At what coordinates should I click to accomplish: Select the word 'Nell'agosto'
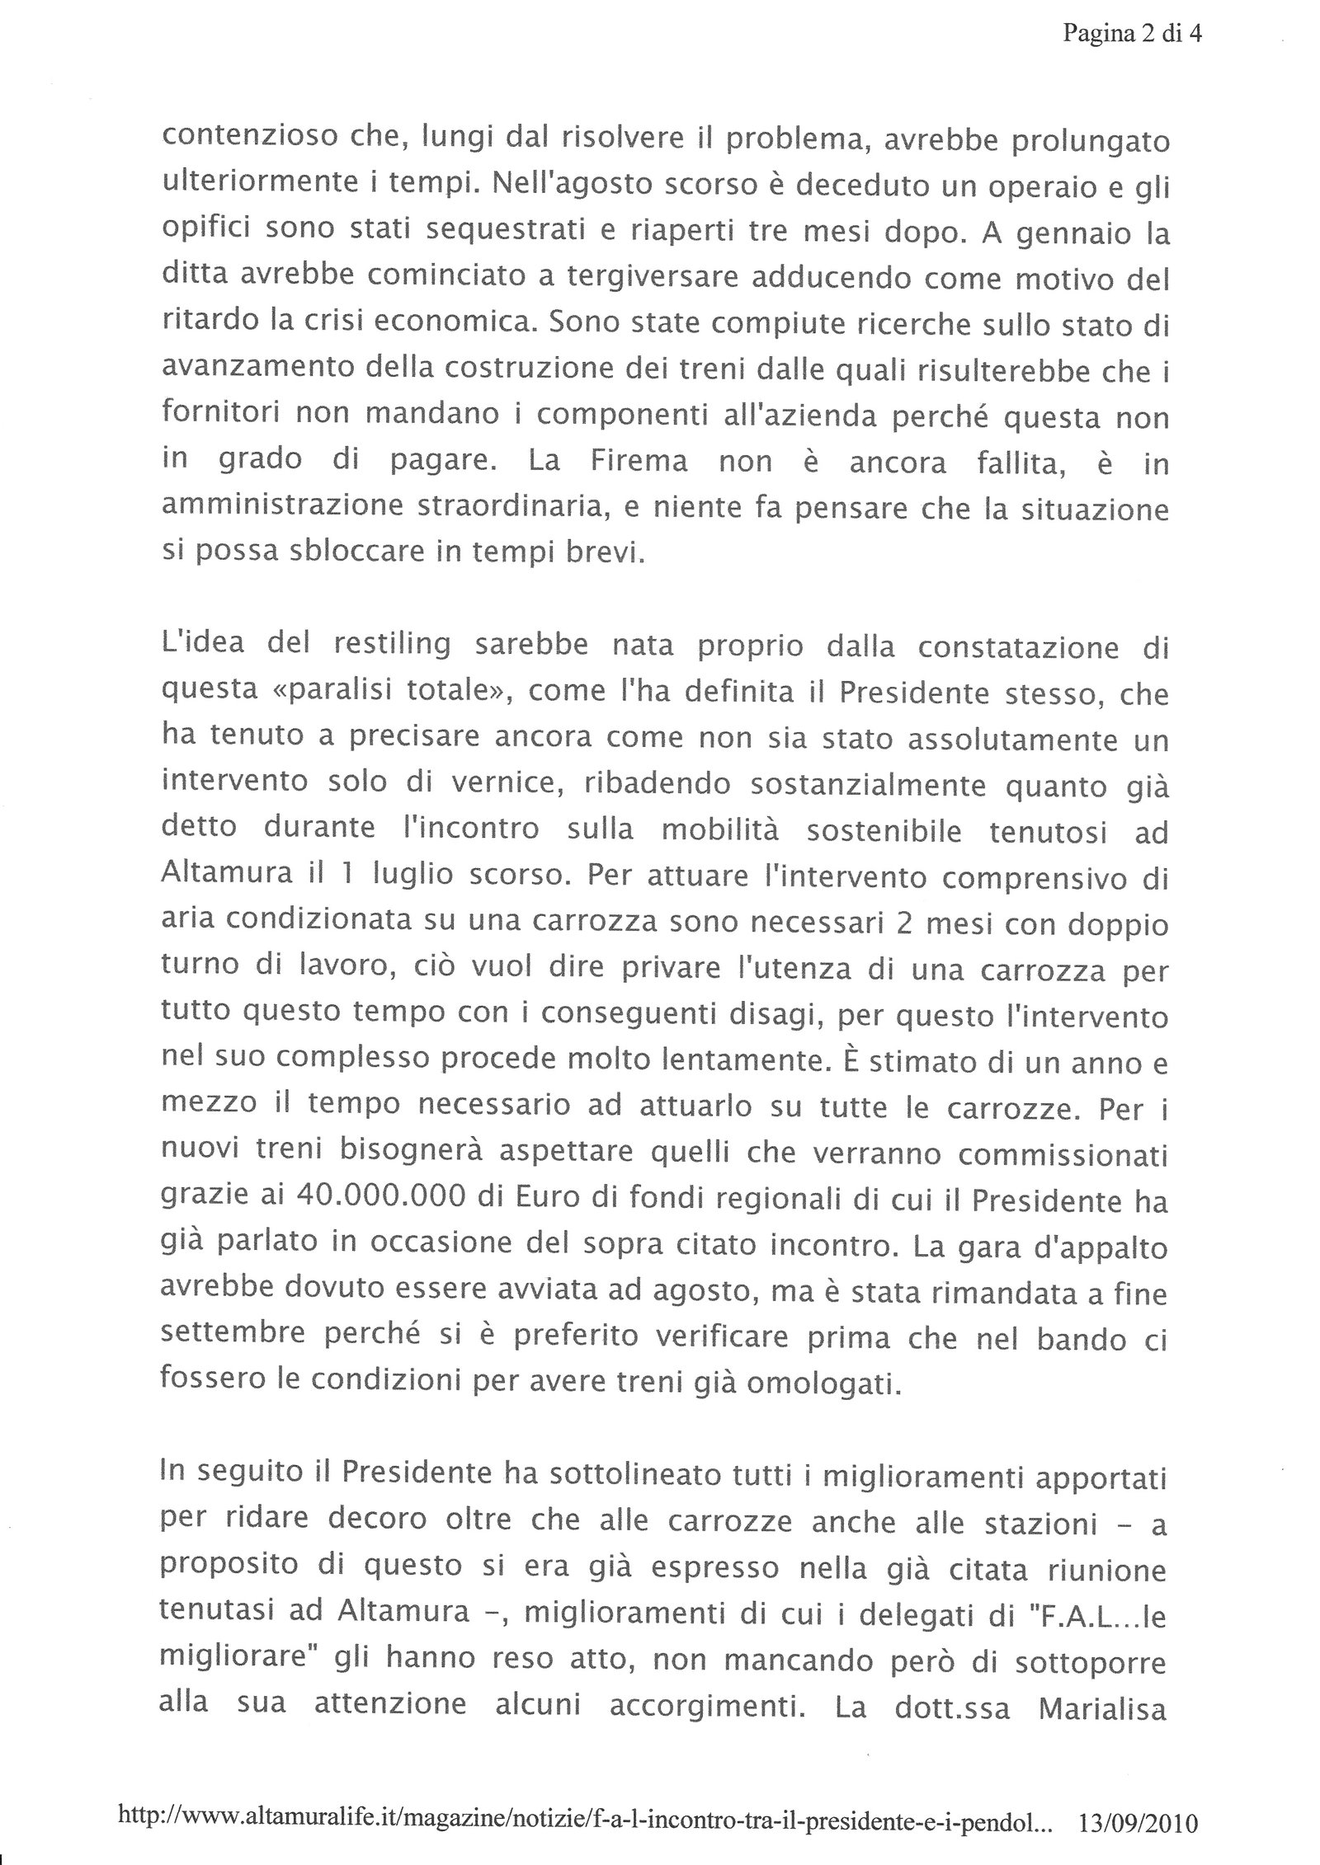(585, 186)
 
